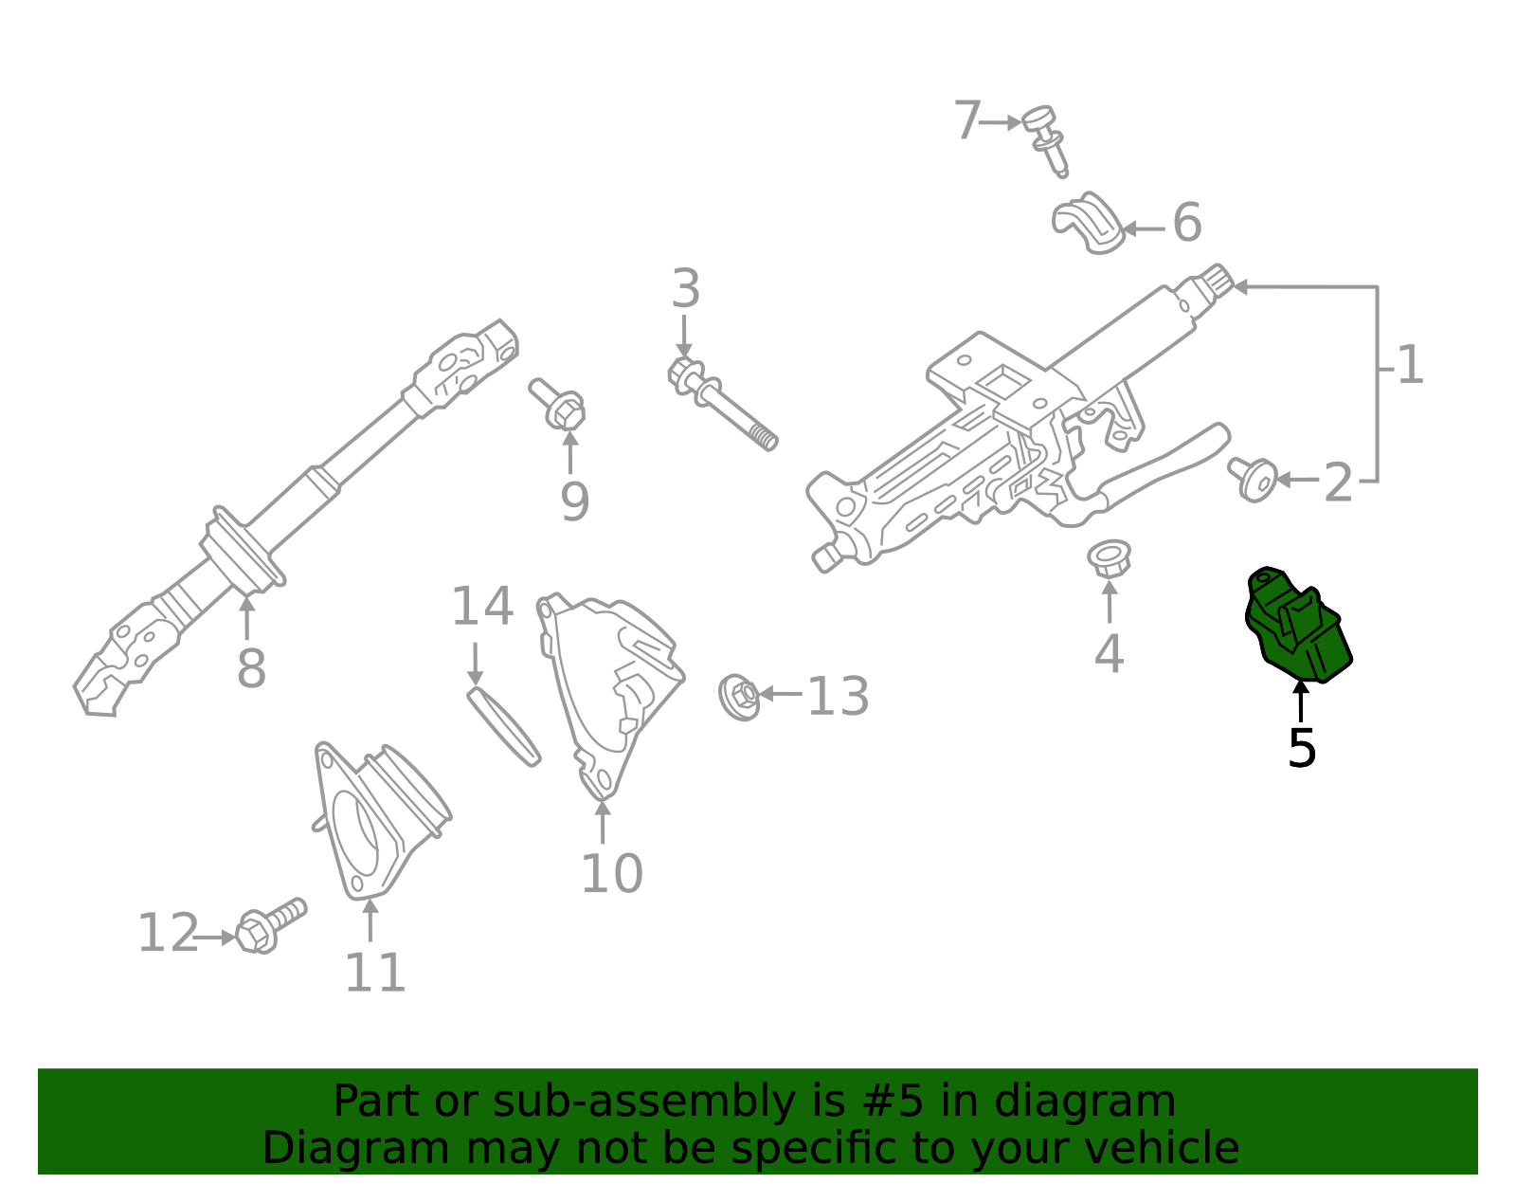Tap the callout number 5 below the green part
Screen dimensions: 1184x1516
pos(1302,749)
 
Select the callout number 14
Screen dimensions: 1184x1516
pos(481,607)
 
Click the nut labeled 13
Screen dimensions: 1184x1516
pos(740,697)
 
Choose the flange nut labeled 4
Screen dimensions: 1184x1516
pos(1108,557)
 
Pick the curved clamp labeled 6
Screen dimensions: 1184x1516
pos(1088,225)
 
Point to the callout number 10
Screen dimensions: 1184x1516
pos(611,874)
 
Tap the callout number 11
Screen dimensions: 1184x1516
pos(375,973)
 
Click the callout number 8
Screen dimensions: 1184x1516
pos(251,669)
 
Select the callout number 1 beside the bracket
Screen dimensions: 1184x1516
pos(1410,366)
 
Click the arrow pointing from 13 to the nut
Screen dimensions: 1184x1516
pos(781,694)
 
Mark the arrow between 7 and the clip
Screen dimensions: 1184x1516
pos(1001,122)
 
